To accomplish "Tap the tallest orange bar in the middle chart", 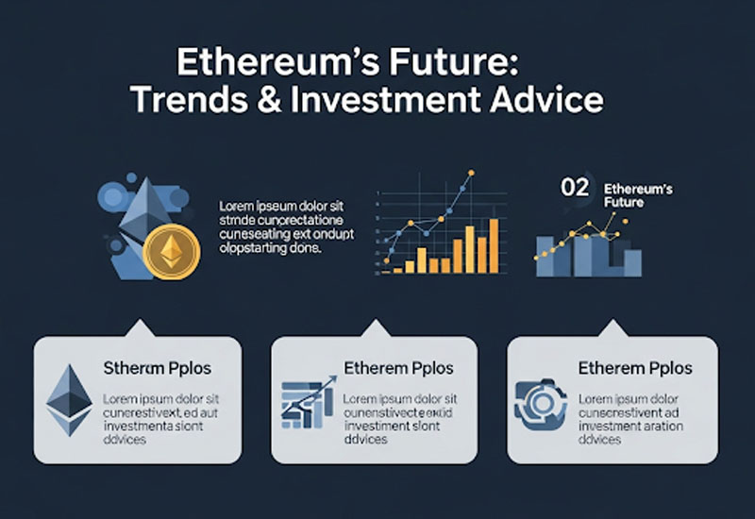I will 493,243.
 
